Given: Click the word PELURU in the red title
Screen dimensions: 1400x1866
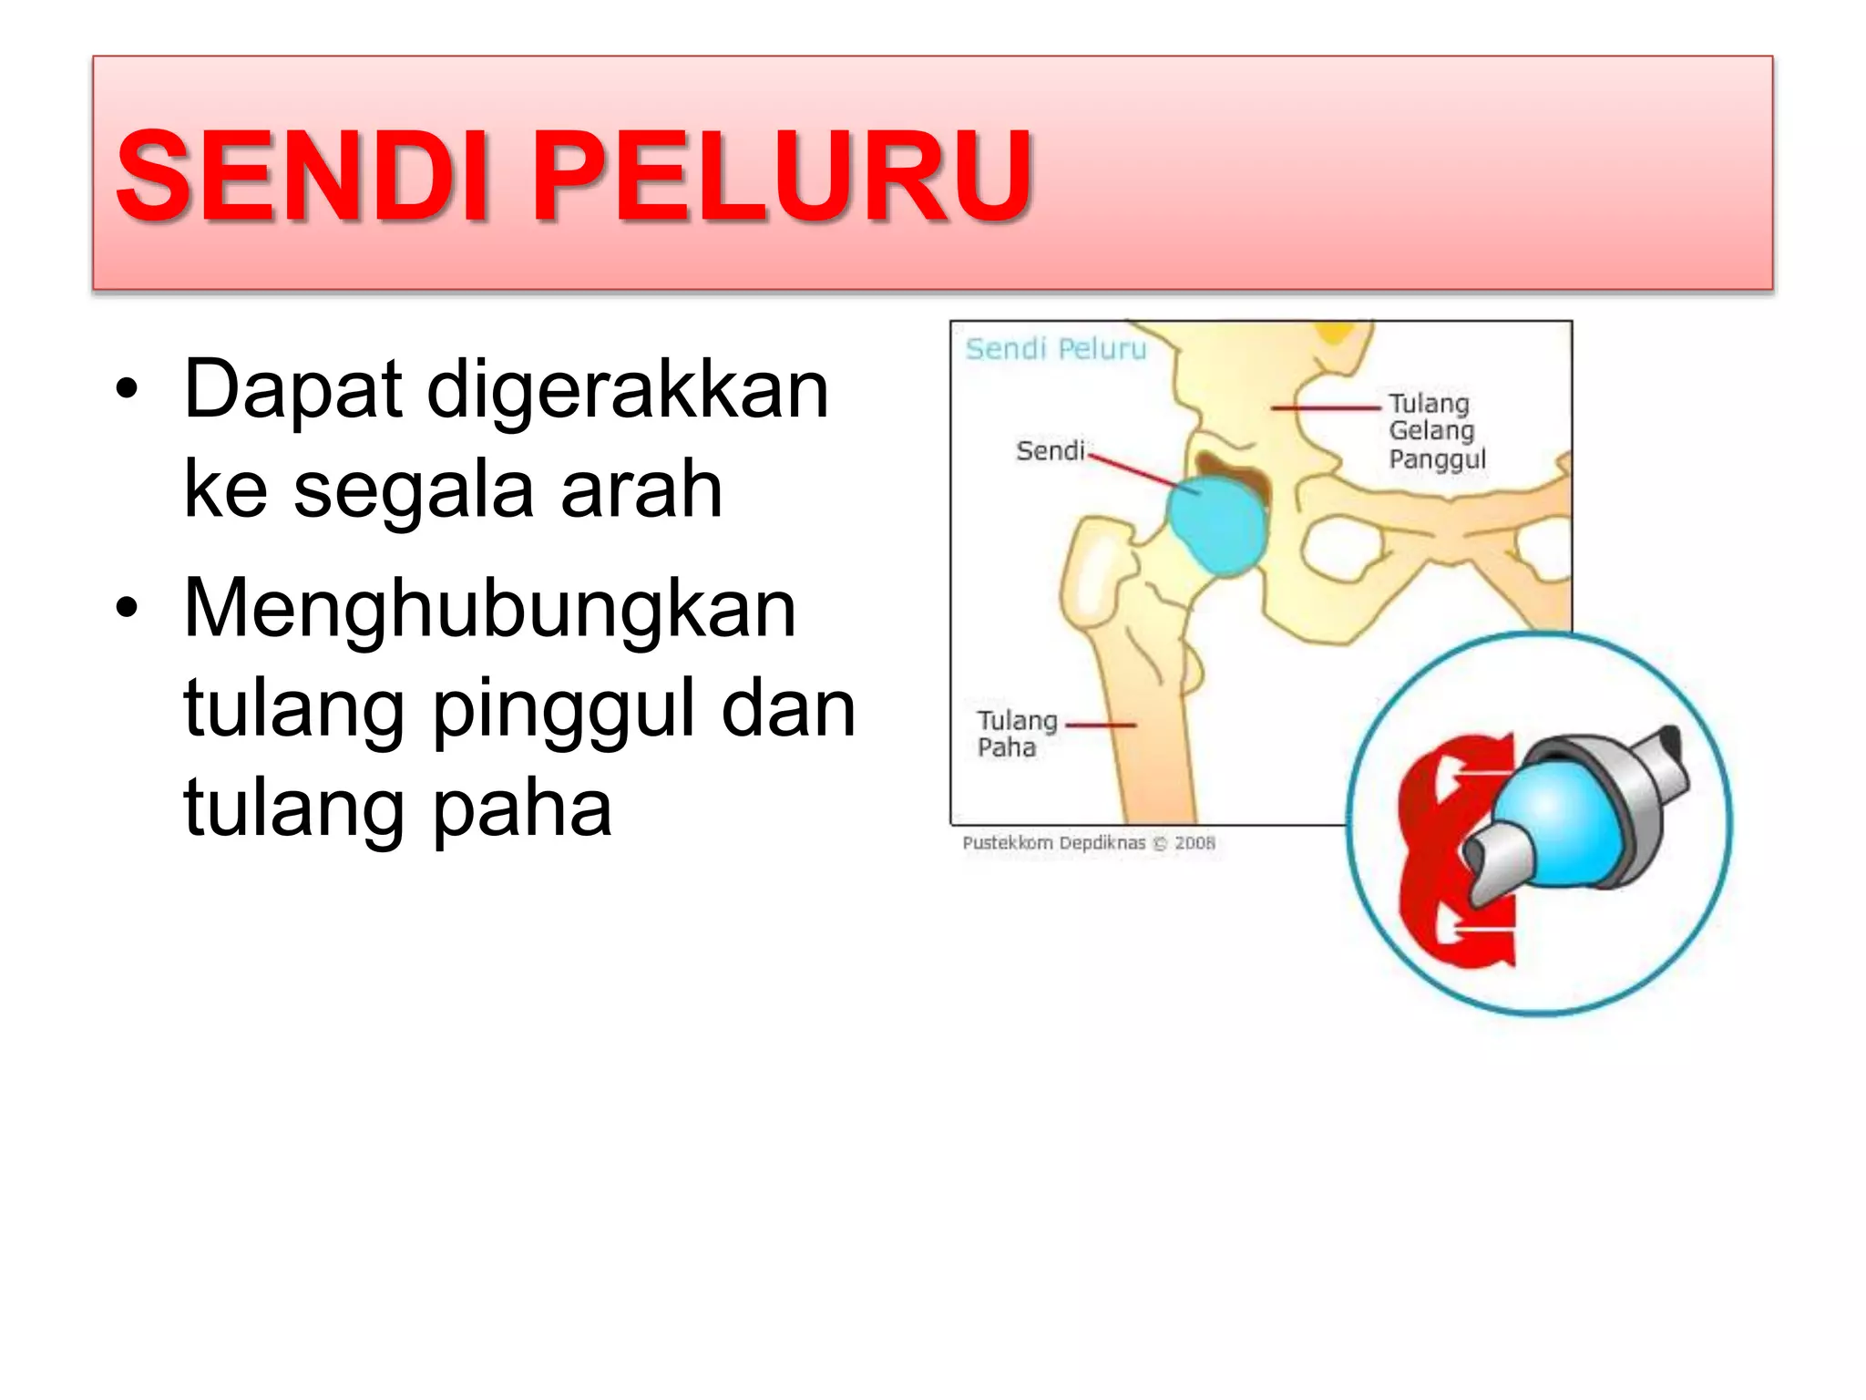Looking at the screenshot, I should click(x=781, y=176).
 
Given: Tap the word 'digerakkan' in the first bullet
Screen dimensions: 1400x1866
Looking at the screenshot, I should click(x=628, y=390).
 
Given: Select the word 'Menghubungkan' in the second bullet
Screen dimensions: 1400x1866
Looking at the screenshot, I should click(x=490, y=609).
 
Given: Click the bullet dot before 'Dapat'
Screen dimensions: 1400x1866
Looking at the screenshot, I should click(x=127, y=390).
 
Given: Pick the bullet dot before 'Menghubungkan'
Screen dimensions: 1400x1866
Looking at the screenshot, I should click(x=127, y=609).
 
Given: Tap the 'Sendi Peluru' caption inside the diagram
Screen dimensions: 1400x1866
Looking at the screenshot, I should click(x=1056, y=349).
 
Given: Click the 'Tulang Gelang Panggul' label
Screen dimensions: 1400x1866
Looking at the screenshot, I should click(x=1436, y=431).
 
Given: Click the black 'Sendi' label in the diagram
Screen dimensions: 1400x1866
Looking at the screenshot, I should click(x=1050, y=451).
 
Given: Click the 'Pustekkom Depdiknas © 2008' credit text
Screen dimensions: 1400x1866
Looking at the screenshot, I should click(x=1089, y=843).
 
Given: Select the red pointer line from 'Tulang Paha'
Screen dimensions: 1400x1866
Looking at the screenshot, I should click(x=1101, y=726).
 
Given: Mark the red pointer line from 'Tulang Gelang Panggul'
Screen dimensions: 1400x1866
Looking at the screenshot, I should click(x=1326, y=407).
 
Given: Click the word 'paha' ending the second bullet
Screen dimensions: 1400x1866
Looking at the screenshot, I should click(x=521, y=809).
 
